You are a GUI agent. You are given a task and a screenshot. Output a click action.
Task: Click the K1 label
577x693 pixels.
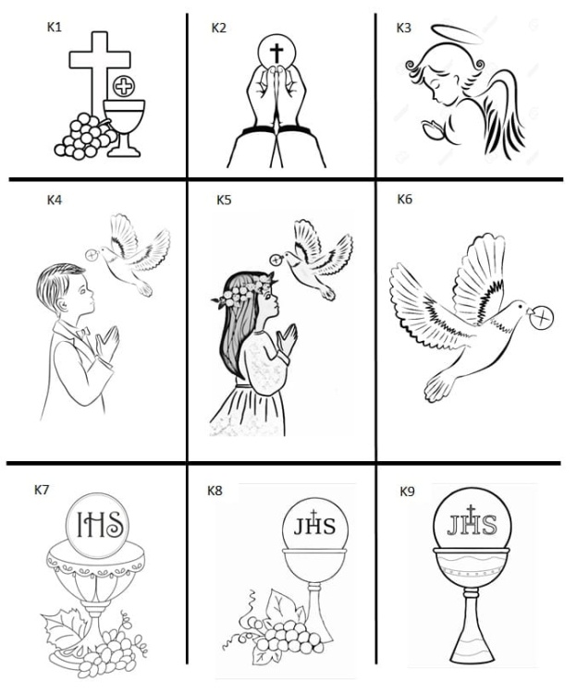tap(55, 28)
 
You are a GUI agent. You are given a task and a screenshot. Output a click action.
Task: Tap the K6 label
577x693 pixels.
tap(404, 200)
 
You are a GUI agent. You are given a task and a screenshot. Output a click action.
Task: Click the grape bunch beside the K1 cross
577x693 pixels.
tap(83, 135)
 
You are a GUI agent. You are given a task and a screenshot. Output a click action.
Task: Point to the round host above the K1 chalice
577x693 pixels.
tap(122, 88)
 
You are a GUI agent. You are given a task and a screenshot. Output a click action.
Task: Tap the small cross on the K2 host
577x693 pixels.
tap(276, 54)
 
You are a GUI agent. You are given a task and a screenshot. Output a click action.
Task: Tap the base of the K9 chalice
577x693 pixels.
tap(472, 651)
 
